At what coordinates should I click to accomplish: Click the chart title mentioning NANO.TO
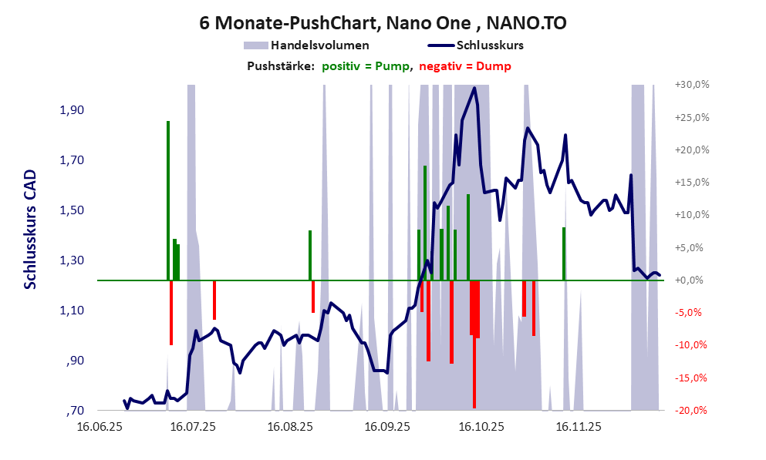[383, 22]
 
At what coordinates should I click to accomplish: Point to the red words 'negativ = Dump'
[465, 66]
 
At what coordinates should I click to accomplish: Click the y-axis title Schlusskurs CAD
[30, 229]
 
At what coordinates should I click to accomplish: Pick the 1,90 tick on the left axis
[71, 110]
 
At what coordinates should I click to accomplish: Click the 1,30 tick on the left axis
[71, 260]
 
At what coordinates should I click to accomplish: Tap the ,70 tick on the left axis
[75, 411]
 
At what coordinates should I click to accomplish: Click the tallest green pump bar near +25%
[168, 200]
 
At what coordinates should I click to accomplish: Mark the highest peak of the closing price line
[474, 88]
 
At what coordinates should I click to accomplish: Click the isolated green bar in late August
[310, 255]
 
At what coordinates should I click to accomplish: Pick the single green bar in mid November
[564, 254]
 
